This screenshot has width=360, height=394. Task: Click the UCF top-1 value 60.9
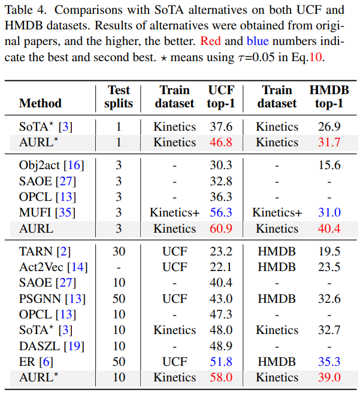(221, 228)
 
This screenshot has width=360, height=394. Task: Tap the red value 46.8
(221, 142)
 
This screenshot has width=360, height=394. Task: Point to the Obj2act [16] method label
(52, 166)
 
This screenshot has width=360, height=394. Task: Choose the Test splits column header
(119, 96)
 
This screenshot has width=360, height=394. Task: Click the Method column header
(40, 103)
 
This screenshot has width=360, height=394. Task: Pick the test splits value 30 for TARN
(119, 252)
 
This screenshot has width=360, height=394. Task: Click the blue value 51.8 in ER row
(221, 362)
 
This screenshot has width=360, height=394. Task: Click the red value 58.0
(221, 377)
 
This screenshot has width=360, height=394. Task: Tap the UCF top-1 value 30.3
(221, 166)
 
